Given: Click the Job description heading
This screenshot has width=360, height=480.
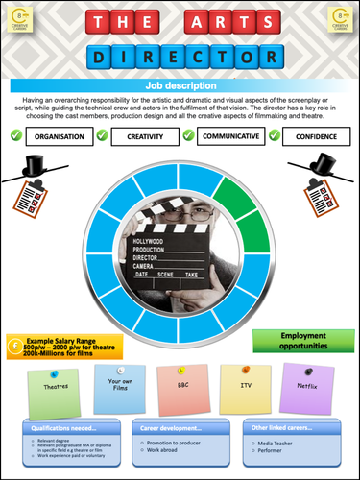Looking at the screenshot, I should click(x=180, y=86).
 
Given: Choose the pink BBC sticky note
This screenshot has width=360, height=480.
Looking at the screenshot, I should click(x=182, y=384).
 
